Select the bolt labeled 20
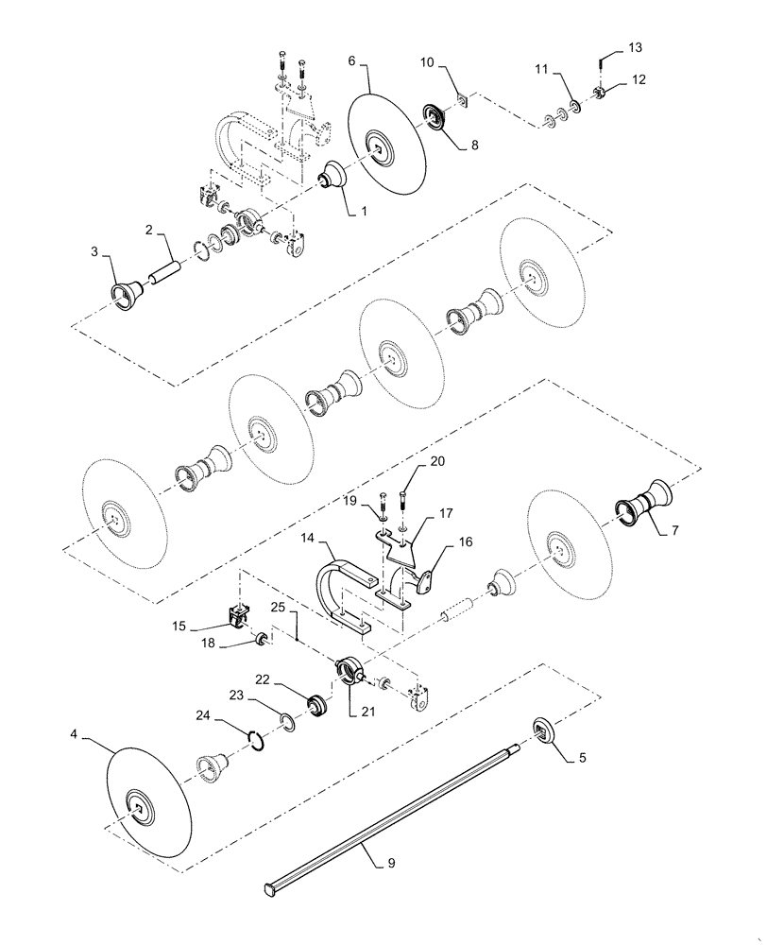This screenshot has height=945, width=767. tap(404, 498)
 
